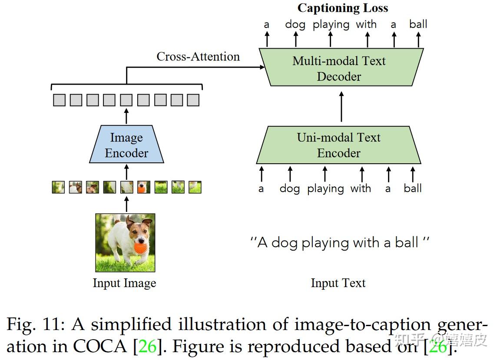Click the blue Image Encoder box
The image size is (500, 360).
click(126, 145)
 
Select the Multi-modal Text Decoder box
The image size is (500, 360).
click(341, 68)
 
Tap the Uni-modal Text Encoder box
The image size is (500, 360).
click(338, 145)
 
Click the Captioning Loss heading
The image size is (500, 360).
click(343, 8)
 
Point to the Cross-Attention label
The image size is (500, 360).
click(198, 56)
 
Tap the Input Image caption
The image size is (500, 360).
click(124, 283)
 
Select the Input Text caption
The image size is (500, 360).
click(338, 283)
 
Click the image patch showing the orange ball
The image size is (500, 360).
click(143, 187)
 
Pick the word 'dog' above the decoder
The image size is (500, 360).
click(295, 24)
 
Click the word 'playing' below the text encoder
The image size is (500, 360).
click(325, 189)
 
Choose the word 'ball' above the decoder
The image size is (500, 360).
click(418, 24)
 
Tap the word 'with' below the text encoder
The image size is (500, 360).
click(361, 188)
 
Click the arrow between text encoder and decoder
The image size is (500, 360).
click(341, 106)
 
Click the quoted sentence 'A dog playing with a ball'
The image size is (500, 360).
click(339, 242)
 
